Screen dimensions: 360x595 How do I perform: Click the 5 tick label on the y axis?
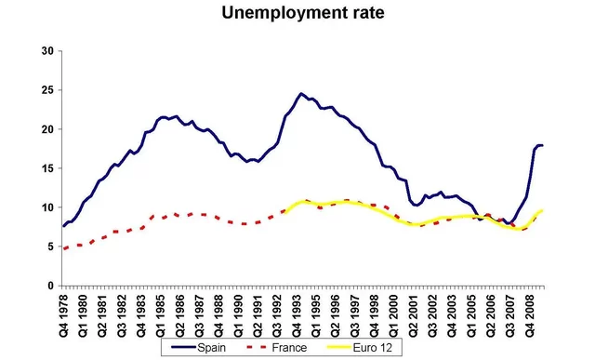pos(49,247)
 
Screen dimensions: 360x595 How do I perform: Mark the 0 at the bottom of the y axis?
pos(49,286)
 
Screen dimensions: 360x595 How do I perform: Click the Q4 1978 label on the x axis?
pos(64,310)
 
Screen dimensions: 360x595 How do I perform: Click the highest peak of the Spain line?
pos(301,94)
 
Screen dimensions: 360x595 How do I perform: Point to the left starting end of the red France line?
pos(63,248)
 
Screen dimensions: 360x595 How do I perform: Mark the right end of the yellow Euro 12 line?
pos(543,211)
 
